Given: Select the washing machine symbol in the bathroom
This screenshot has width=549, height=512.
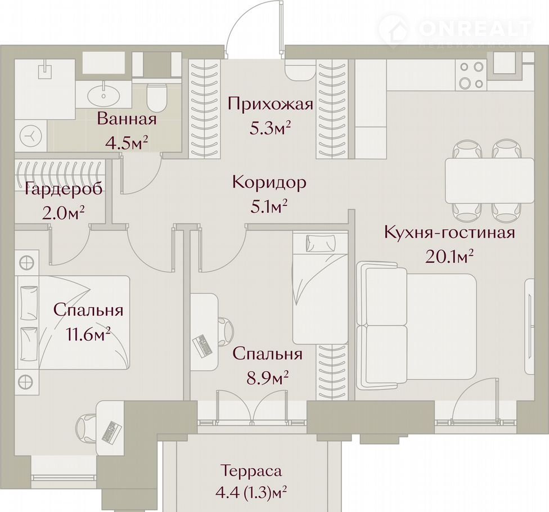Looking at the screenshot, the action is [x=31, y=136].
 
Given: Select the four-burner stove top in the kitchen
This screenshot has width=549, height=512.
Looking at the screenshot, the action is [x=471, y=75].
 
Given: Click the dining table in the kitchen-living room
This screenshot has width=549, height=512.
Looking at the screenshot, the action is [x=489, y=181].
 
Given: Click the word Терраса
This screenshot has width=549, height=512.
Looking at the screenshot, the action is [x=251, y=471].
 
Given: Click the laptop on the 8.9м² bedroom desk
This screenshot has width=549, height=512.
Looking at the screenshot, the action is [x=202, y=345].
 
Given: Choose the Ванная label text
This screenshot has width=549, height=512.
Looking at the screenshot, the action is [x=127, y=119].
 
